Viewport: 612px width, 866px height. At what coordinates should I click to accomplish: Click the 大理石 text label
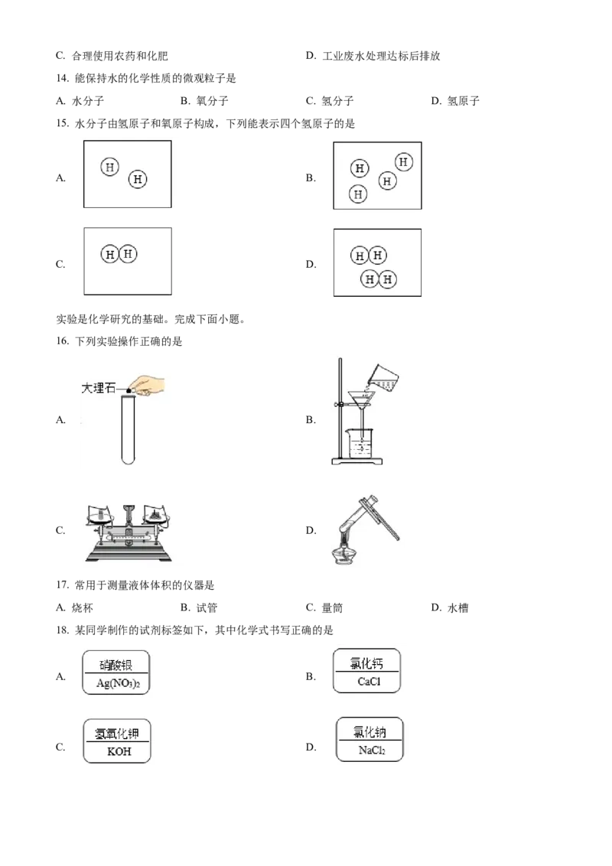(98, 389)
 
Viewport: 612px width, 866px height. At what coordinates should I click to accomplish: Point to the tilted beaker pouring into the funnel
(385, 376)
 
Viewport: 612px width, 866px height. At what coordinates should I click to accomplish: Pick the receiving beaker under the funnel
(358, 441)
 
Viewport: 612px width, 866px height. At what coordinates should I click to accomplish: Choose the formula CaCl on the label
(369, 682)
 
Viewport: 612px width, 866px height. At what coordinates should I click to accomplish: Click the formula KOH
(119, 751)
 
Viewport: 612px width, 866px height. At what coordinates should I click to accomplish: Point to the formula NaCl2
(372, 750)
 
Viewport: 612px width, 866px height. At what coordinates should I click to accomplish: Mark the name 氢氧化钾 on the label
(119, 733)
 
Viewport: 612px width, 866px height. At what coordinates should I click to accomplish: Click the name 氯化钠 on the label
(371, 732)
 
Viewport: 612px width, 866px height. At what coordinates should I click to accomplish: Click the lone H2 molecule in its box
(119, 254)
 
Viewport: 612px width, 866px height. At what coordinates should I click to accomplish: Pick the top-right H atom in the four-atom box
(404, 162)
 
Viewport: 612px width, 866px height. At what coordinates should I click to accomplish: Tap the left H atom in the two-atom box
(110, 167)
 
